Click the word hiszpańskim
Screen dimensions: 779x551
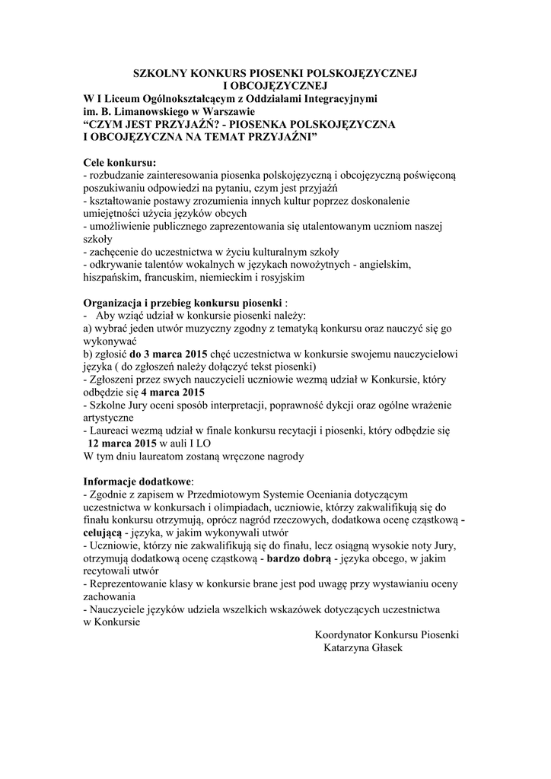pos(112,278)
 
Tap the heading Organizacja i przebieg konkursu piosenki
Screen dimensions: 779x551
pos(183,302)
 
